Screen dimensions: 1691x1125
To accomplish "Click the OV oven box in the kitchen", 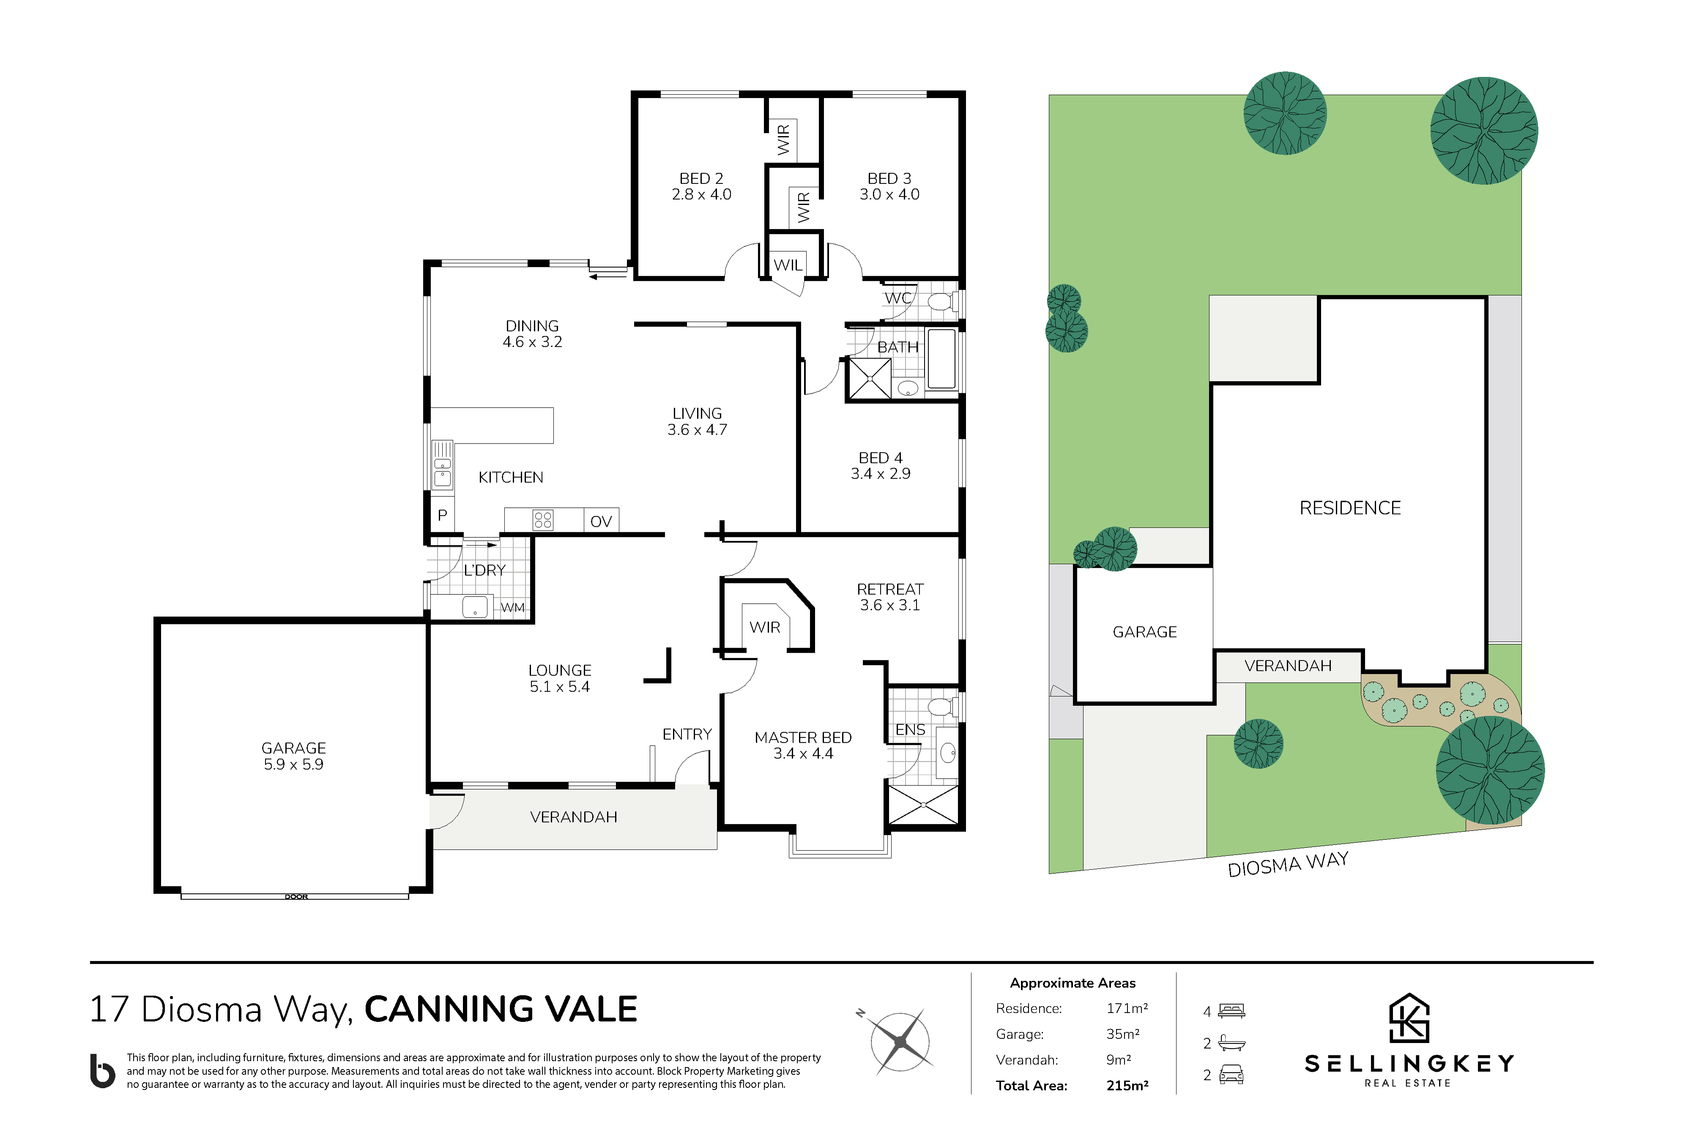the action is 600,520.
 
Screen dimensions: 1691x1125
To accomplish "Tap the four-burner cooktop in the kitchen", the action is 543,520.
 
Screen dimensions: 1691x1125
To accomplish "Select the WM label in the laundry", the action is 512,608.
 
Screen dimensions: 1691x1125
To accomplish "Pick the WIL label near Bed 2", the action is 788,265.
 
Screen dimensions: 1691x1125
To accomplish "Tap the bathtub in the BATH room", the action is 941,359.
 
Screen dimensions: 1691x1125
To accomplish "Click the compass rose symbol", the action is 899,1042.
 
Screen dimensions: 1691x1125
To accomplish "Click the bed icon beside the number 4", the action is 1231,1011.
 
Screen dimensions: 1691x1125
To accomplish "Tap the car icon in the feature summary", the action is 1231,1074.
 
